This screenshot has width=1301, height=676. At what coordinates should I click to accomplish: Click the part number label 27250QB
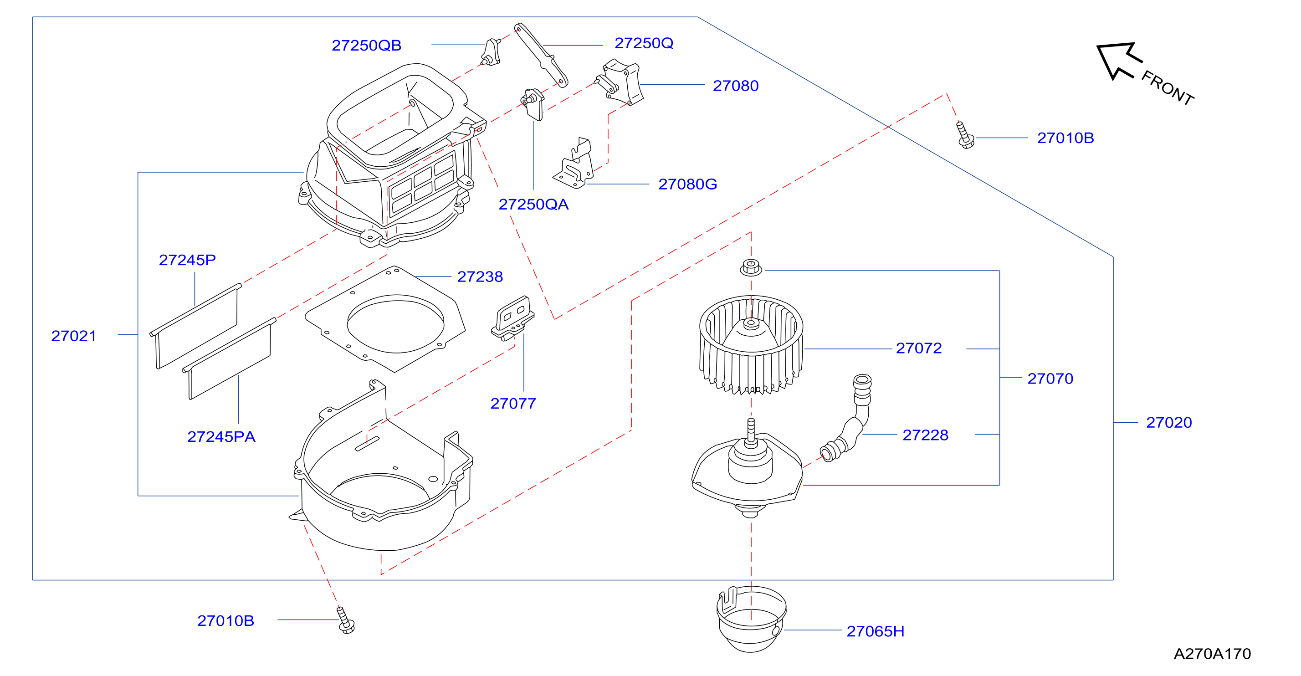click(x=366, y=46)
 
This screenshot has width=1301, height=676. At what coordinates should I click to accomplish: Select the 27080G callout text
click(x=687, y=184)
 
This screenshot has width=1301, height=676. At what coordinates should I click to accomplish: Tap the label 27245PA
click(x=221, y=437)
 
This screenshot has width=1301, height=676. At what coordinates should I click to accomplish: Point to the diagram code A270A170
click(x=1212, y=654)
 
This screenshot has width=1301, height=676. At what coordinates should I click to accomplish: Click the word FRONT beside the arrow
click(x=1168, y=88)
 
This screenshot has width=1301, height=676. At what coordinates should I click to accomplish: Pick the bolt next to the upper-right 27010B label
click(x=965, y=135)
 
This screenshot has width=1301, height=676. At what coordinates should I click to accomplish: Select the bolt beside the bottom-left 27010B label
click(x=346, y=620)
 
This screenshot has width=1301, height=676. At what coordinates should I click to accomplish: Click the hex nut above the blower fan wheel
click(x=751, y=267)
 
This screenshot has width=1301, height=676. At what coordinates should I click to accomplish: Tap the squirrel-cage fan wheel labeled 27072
click(x=751, y=345)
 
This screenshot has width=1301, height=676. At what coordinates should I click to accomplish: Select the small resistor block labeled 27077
click(x=512, y=318)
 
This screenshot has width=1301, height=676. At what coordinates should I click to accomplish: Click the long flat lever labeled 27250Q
click(x=541, y=55)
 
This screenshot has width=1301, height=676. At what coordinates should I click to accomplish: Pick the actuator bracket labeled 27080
click(x=619, y=82)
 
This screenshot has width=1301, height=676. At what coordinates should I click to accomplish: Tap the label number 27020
click(x=1169, y=423)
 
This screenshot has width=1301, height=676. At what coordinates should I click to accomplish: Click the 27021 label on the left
click(x=74, y=336)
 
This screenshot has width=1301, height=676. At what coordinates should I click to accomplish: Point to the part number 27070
click(x=1050, y=379)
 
